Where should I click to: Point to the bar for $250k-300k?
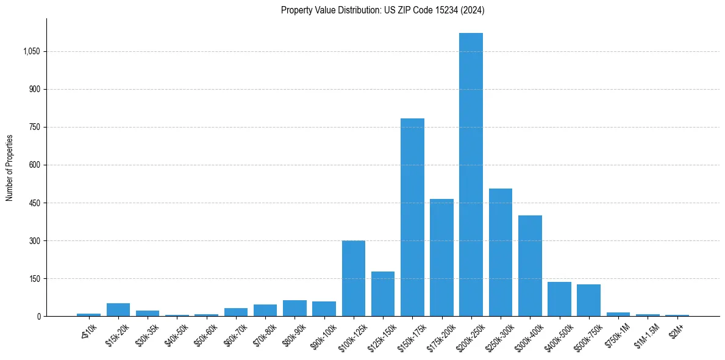501,252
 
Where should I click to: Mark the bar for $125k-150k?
383,293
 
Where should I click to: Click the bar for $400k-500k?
559,299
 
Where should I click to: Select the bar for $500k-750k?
588,300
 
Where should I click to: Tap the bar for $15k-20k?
118,309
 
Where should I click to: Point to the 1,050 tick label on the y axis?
31,52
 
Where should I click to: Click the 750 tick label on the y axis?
35,128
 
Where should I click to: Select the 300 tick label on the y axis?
35,241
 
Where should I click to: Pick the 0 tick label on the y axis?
38,317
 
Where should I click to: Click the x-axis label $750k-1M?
617,333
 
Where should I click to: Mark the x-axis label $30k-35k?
148,333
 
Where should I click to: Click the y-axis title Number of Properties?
10,168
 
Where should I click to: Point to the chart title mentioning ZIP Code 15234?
383,10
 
